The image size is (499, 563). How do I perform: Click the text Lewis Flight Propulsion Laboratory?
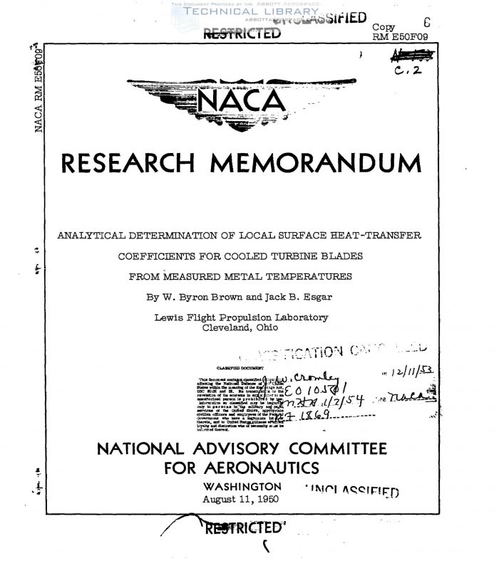242,317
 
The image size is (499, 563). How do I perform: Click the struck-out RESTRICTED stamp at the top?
242,33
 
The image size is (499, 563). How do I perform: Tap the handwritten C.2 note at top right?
408,70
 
